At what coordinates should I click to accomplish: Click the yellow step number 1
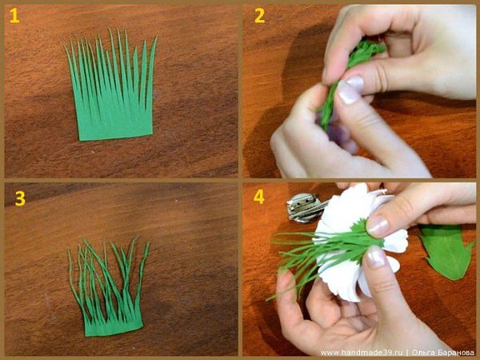[x=14, y=16]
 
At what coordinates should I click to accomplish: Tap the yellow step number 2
[x=259, y=16]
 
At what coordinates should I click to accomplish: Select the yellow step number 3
[x=20, y=198]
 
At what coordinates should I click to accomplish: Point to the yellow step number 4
[x=259, y=197]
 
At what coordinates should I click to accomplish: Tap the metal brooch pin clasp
[x=304, y=207]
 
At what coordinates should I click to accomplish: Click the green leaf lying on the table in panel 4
[x=446, y=251]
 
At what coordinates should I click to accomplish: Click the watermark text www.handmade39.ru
[x=362, y=353]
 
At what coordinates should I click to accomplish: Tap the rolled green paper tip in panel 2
[x=367, y=49]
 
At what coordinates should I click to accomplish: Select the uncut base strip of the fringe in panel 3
[x=114, y=326]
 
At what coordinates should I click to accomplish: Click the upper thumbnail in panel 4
[x=378, y=226]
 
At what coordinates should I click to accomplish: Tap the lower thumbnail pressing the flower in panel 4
[x=375, y=256]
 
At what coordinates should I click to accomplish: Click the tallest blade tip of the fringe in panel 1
[x=118, y=28]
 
